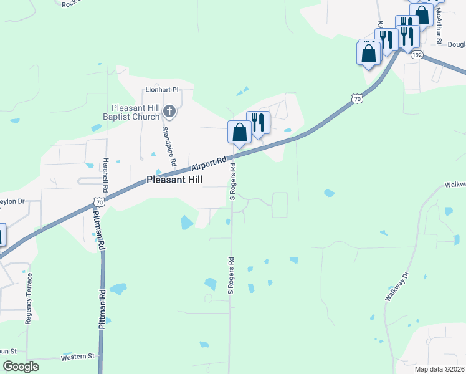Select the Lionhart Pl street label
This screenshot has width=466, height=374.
point(162,90)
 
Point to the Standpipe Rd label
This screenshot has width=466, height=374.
point(167,147)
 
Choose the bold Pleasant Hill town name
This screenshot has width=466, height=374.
point(178,180)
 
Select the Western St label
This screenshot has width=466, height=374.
point(77,357)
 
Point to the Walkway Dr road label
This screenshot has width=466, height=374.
point(396,287)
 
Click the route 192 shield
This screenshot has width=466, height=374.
point(417,55)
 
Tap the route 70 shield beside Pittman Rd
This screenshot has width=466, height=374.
point(98,201)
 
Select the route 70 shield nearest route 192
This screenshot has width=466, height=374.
point(356,98)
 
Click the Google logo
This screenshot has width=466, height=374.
point(21,367)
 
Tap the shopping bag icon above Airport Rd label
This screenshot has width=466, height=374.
point(240,132)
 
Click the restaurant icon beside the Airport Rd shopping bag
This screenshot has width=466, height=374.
point(258,122)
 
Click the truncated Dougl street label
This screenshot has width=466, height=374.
point(456,45)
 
